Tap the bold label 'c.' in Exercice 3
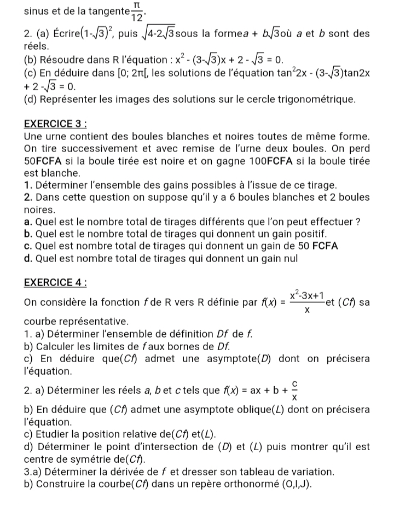pyautogui.click(x=28, y=246)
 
